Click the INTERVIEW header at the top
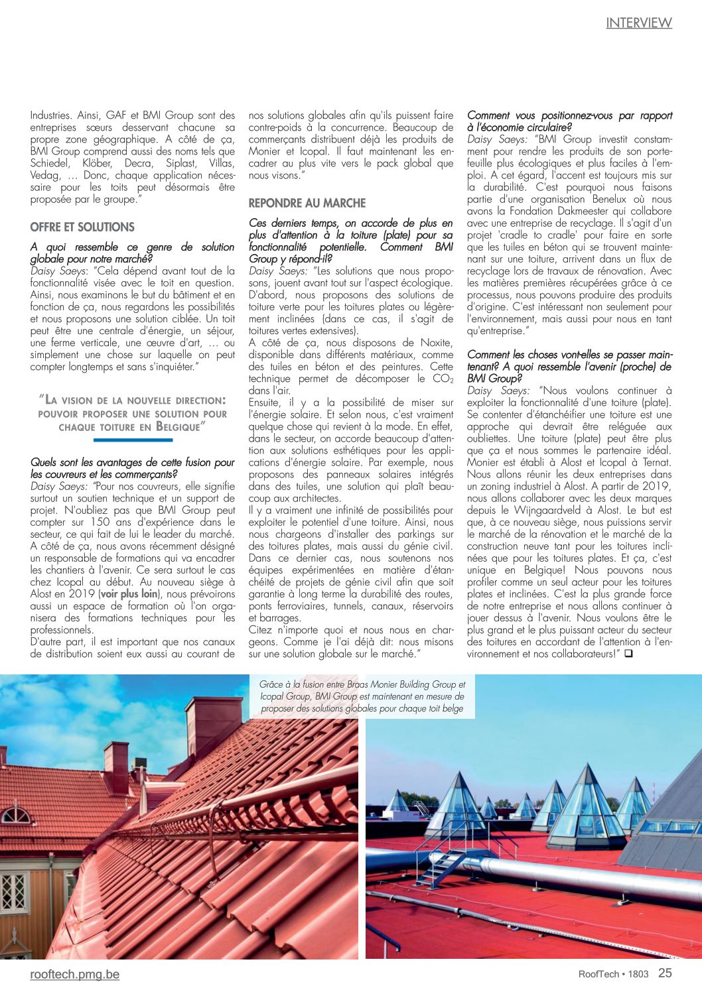coord(638,23)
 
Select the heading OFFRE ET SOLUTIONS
coord(82,227)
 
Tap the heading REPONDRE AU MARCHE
coord(307,203)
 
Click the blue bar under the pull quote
coord(133,440)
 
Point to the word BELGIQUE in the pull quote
coord(177,427)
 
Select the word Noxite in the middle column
coord(436,343)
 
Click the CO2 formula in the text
coord(443,379)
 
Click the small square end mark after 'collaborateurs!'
coord(628,654)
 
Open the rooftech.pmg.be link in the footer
coord(75,974)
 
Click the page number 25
coord(665,973)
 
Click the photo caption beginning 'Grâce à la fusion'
coord(362,696)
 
